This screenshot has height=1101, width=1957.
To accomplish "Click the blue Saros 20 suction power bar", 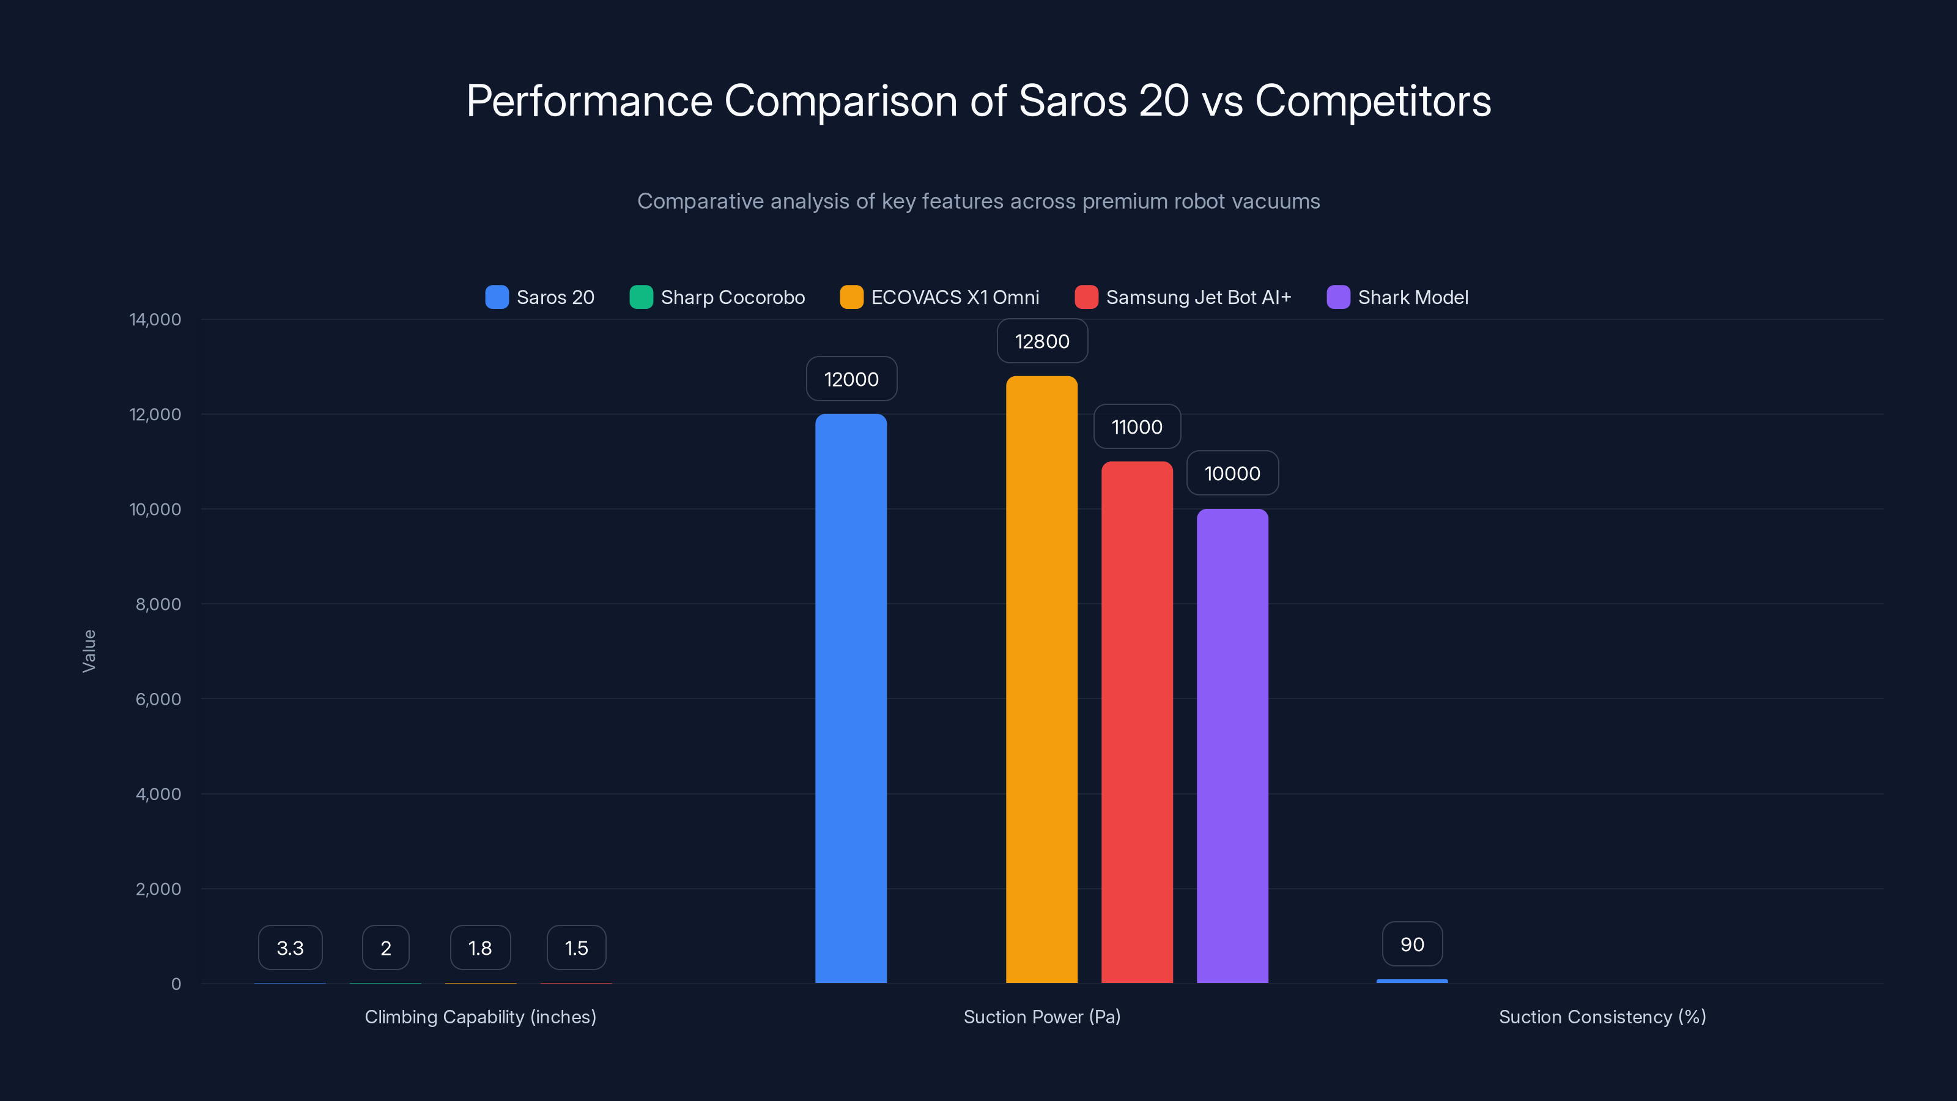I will click(x=851, y=699).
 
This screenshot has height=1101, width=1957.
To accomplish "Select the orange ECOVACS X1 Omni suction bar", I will click(x=1041, y=680).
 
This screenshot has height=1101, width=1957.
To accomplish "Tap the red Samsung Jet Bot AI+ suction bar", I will click(x=1136, y=722).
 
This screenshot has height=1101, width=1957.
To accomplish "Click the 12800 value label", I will click(x=1042, y=341).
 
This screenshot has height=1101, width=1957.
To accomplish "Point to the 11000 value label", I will click(x=1136, y=427).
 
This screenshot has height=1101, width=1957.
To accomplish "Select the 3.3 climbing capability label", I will click(x=290, y=947).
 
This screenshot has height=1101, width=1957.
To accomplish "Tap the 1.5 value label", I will click(x=577, y=947).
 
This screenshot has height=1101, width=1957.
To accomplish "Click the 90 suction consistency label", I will click(x=1412, y=944).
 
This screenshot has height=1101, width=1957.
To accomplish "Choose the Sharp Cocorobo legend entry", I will click(x=718, y=297).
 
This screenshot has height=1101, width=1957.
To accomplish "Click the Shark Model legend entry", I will click(x=1398, y=297).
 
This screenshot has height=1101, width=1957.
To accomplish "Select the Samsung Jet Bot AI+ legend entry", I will click(x=1183, y=297).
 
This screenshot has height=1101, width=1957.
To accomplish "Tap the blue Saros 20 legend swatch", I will click(x=497, y=297).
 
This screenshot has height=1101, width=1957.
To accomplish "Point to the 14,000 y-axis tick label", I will click(x=156, y=319).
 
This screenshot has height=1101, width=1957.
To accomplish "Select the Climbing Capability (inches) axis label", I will click(x=480, y=1017).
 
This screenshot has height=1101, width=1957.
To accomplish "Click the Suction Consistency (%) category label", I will click(x=1602, y=1017).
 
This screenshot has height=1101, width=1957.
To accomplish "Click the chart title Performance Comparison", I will click(x=978, y=100).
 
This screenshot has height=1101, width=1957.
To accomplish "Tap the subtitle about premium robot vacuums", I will click(x=978, y=201).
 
